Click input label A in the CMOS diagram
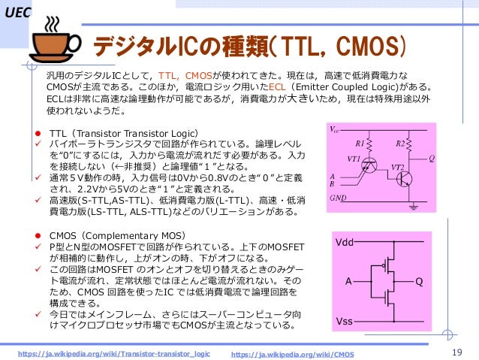pos(348,282)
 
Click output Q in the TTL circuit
pos(431,159)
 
